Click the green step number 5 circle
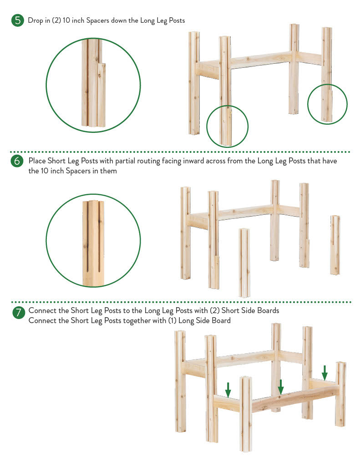(x=18, y=20)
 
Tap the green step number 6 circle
(x=17, y=161)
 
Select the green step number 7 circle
(x=18, y=312)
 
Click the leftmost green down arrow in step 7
(x=228, y=390)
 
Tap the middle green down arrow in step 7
(x=281, y=387)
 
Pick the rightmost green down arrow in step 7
(x=325, y=373)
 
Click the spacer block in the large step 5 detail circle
(x=101, y=95)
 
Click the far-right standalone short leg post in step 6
(x=335, y=245)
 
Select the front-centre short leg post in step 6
(x=244, y=263)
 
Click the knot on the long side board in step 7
(x=280, y=397)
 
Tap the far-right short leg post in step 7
(x=341, y=394)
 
